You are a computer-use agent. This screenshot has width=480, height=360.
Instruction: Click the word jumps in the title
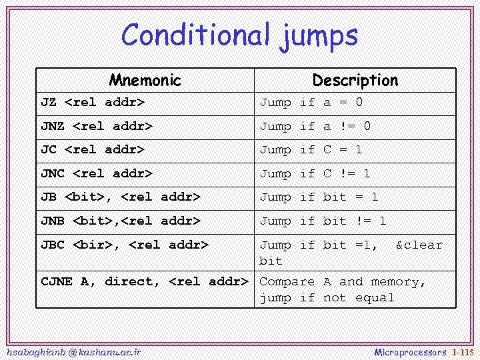pyautogui.click(x=317, y=36)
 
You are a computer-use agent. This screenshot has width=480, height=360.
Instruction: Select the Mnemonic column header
pyautogui.click(x=145, y=81)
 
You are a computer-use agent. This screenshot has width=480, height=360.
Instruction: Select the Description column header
pyautogui.click(x=355, y=81)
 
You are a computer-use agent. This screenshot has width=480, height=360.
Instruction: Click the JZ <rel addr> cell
pyautogui.click(x=93, y=103)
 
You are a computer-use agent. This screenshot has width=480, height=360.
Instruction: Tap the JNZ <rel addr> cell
pyautogui.click(x=97, y=126)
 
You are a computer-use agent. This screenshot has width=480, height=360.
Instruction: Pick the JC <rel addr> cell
pyautogui.click(x=93, y=150)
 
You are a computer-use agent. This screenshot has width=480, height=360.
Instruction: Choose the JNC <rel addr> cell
pyautogui.click(x=97, y=173)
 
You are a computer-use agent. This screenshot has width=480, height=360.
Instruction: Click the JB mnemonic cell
pyautogui.click(x=121, y=197)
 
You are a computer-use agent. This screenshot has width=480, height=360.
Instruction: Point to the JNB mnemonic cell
pyautogui.click(x=121, y=221)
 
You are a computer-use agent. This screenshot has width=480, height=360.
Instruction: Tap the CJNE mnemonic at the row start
pyautogui.click(x=57, y=281)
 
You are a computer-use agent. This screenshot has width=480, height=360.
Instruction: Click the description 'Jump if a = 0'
pyautogui.click(x=311, y=103)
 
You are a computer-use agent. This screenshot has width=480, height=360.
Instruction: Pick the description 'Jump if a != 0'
pyautogui.click(x=315, y=126)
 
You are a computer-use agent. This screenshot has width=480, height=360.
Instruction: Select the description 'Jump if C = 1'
pyautogui.click(x=311, y=150)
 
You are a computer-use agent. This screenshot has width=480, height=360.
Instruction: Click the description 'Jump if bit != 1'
pyautogui.click(x=323, y=221)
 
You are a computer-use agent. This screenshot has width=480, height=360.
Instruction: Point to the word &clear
pyautogui.click(x=419, y=245)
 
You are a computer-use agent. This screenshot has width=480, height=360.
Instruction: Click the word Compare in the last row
pyautogui.click(x=287, y=281)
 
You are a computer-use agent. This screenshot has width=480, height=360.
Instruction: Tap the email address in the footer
pyautogui.click(x=73, y=351)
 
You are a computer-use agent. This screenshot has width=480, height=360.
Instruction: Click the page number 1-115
pyautogui.click(x=462, y=351)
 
